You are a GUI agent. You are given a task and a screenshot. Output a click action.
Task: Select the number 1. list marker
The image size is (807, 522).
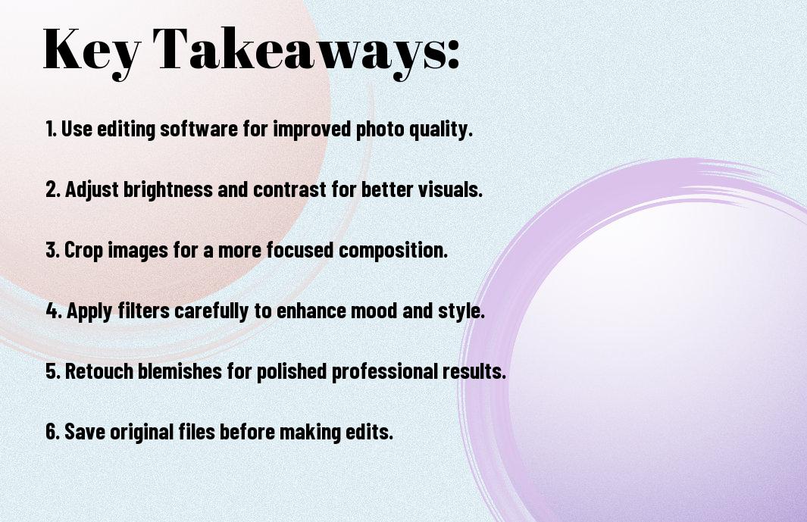point(51,130)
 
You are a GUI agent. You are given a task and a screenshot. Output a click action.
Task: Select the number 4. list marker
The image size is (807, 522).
point(53,311)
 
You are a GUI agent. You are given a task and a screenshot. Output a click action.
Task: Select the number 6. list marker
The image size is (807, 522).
point(52,432)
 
